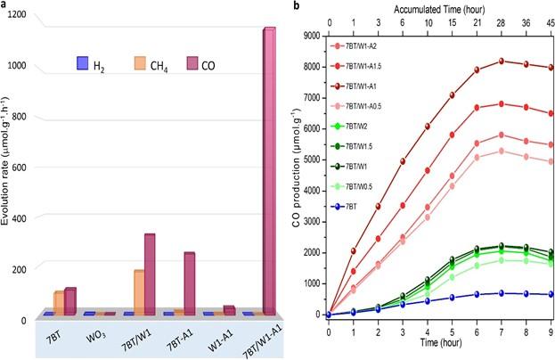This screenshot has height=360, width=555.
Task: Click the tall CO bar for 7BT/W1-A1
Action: [268, 169]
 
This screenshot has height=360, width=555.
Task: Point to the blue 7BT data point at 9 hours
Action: [551, 294]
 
